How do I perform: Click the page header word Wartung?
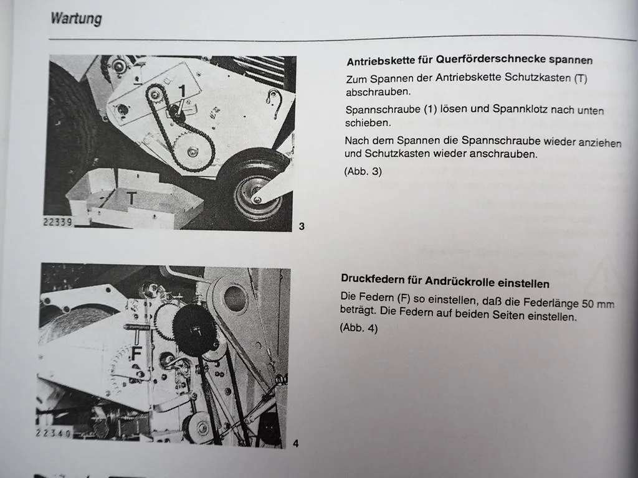click(75, 19)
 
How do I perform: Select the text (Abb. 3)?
click(363, 171)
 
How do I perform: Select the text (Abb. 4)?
click(359, 327)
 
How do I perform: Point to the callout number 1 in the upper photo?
click(182, 91)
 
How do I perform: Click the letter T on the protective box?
click(131, 199)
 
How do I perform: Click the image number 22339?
click(58, 222)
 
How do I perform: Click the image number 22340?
click(54, 433)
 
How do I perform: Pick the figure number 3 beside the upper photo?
click(302, 227)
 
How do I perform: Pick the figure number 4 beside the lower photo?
click(296, 443)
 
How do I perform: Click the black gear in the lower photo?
click(194, 329)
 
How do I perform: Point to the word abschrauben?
click(378, 92)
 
